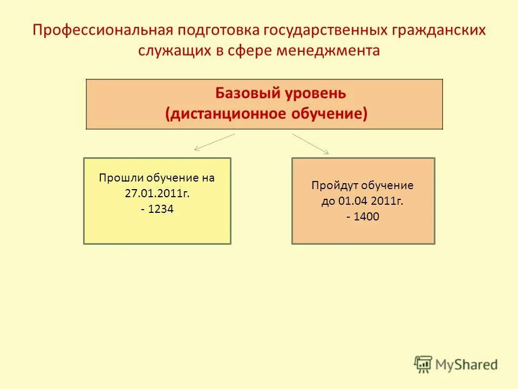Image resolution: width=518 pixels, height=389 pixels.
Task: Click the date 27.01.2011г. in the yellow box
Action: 157,193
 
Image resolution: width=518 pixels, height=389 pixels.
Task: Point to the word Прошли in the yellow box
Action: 115,178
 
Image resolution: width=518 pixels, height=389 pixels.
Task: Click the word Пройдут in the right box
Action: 333,185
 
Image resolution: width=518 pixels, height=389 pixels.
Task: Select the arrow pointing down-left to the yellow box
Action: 214,142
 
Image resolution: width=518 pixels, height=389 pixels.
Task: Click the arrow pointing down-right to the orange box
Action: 311,144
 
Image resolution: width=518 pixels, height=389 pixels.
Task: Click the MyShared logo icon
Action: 423,364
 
